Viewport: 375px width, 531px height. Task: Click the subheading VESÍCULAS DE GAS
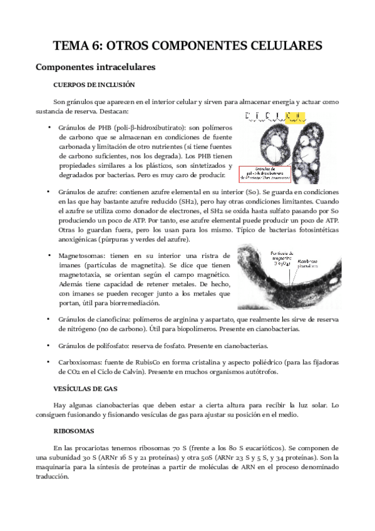[x=86, y=388]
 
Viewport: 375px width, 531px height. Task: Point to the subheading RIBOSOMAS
[x=74, y=431]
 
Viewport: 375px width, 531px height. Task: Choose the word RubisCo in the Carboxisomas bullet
[x=155, y=363]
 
